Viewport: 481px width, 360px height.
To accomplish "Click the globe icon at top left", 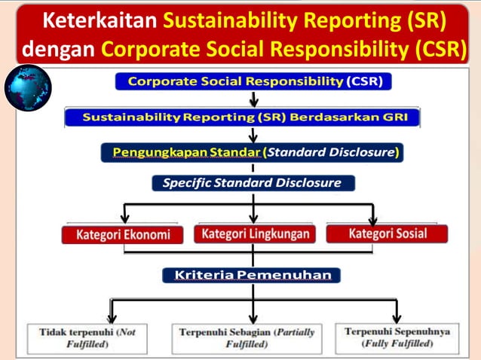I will [x=28, y=88].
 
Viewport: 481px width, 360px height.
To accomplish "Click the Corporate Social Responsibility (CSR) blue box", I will [x=253, y=81].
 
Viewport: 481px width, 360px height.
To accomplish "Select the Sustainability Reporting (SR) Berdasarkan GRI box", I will [x=241, y=117].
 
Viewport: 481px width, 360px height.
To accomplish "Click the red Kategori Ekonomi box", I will [x=122, y=234].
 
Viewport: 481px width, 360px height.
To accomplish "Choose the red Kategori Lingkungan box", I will [x=255, y=233].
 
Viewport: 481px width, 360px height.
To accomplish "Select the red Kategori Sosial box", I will [x=387, y=233].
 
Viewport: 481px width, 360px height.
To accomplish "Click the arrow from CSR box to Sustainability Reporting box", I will [x=254, y=99].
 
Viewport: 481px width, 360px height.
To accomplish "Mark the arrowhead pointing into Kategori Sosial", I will [x=384, y=217].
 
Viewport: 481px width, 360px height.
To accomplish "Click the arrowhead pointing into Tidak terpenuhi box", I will [x=112, y=316].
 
